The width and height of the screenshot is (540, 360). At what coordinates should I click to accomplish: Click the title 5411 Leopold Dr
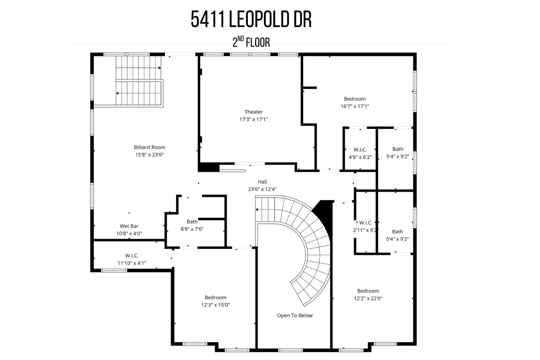(251, 19)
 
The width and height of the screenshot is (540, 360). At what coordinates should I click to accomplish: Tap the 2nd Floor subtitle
(251, 42)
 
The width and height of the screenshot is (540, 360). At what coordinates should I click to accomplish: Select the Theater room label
(253, 112)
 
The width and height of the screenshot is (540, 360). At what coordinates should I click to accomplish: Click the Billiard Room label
(149, 147)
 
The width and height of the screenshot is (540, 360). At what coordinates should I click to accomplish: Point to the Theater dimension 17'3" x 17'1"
(253, 120)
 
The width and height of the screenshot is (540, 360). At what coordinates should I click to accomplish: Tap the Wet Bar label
(129, 226)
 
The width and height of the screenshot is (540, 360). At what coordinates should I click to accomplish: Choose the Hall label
(262, 182)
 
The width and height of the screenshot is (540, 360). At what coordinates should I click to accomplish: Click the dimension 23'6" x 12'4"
(262, 189)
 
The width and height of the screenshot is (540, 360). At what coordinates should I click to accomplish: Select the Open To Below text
(295, 315)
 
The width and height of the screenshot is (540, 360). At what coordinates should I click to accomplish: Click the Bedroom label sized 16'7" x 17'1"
(355, 99)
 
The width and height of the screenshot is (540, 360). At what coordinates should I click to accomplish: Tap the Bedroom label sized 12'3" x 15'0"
(216, 297)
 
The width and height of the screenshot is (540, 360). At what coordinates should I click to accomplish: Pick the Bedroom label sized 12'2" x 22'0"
(368, 291)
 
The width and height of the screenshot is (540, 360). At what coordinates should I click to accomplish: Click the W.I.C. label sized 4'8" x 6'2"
(360, 150)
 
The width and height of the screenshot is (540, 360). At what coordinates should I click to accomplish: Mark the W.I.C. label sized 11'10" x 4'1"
(132, 256)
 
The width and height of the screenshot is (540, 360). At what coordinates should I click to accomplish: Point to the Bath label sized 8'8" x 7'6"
(192, 221)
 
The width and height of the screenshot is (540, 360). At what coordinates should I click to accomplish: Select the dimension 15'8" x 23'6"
(149, 155)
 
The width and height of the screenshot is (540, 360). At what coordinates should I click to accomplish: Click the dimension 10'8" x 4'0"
(129, 233)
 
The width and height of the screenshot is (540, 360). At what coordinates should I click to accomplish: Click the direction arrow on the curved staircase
(257, 210)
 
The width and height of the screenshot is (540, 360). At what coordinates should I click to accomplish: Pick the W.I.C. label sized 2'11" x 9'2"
(366, 223)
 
